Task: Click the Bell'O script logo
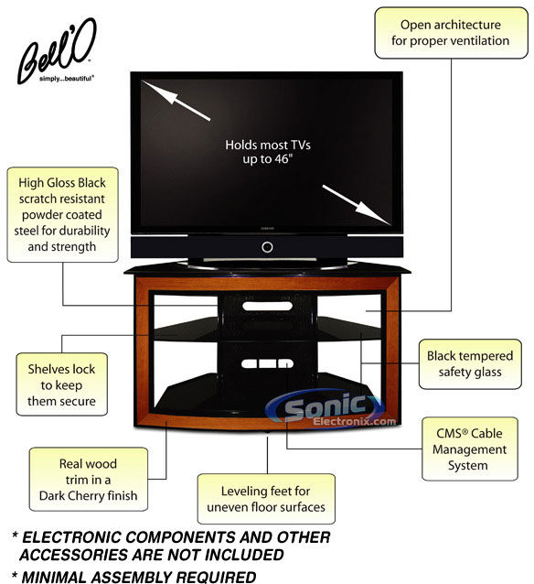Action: click(56, 52)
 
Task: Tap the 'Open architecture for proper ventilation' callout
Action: click(451, 33)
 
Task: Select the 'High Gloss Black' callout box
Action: click(62, 214)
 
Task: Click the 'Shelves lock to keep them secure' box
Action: click(62, 384)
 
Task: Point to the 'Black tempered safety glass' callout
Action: click(470, 364)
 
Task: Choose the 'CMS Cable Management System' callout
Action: click(470, 449)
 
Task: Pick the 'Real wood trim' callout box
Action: click(89, 479)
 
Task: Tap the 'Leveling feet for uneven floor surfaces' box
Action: click(266, 499)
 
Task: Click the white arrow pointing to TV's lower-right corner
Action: click(357, 205)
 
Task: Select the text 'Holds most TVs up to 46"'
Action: click(268, 152)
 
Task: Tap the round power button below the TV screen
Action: click(267, 247)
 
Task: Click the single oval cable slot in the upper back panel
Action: click(267, 306)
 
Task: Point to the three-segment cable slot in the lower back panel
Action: click(267, 363)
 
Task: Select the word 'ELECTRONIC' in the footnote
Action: click(71, 537)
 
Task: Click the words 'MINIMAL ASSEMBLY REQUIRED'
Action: click(138, 577)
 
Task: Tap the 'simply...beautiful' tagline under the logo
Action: click(66, 79)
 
